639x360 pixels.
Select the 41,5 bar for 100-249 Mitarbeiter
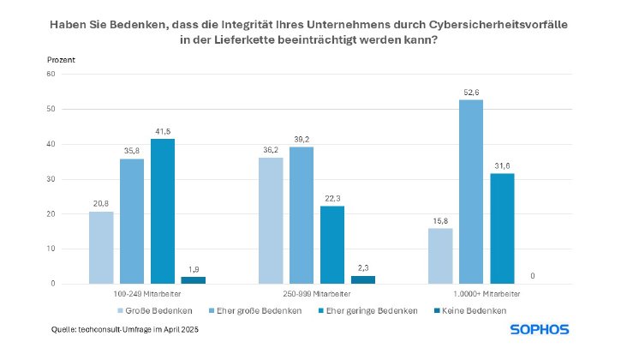[x=163, y=211]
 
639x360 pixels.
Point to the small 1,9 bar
[x=194, y=279]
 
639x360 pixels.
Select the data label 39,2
[x=302, y=139]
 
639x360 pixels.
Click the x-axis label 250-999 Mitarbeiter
[x=302, y=293]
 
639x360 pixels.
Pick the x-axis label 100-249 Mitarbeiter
[x=132, y=293]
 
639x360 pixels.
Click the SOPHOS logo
[x=540, y=329]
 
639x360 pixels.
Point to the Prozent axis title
[x=61, y=59]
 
